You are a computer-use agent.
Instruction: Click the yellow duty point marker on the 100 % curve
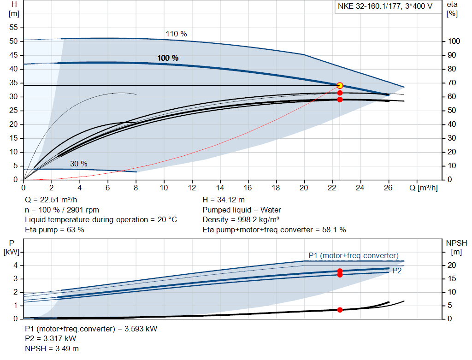point(340,85)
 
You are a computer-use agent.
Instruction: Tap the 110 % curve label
point(176,34)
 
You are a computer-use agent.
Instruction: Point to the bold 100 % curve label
point(168,58)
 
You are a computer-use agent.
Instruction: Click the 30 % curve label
point(78,164)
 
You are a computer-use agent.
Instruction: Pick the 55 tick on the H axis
point(13,28)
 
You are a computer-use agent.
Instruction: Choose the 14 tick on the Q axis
point(220,188)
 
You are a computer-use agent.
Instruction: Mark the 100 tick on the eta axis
point(454,41)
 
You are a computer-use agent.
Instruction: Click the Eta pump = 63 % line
point(54,229)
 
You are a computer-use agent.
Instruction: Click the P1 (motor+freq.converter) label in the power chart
point(354,255)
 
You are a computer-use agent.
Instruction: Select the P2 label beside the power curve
point(397,271)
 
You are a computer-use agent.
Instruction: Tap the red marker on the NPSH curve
point(340,310)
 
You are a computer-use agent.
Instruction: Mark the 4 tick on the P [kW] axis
point(15,265)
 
